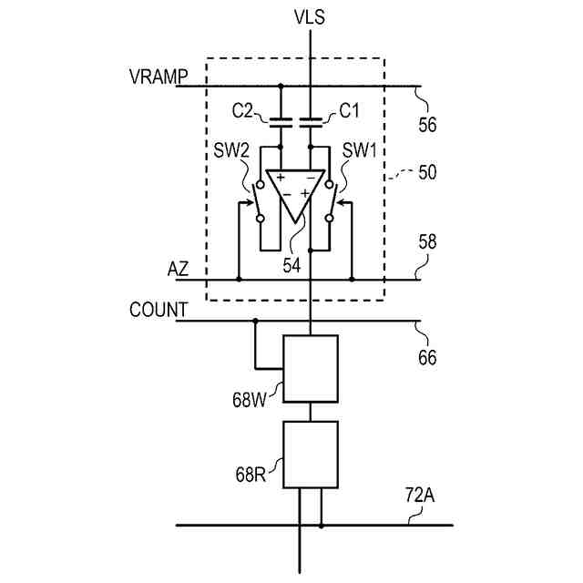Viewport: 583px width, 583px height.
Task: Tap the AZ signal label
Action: coord(178,270)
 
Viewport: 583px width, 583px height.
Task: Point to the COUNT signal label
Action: coord(158,311)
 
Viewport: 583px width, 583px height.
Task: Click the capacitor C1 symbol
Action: coord(312,119)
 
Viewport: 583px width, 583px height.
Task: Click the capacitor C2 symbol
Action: coord(280,119)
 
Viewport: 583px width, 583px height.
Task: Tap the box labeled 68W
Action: coord(311,368)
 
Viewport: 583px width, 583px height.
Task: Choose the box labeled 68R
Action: coord(311,454)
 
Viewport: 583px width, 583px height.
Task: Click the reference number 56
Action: coord(427,125)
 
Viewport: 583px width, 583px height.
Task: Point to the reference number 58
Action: coord(427,242)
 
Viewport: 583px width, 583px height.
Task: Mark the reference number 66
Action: coord(427,358)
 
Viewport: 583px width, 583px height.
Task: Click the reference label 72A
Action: coord(419,498)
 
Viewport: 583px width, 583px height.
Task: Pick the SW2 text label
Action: coord(232,149)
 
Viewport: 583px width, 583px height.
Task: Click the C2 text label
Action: coord(243,111)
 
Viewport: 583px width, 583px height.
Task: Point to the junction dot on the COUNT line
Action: coord(255,321)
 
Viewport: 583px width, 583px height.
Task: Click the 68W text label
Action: coord(251,399)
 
